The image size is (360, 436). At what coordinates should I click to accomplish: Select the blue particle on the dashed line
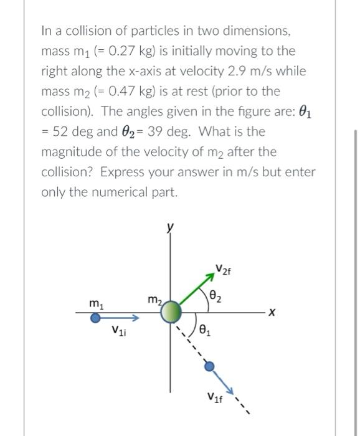(x=209, y=366)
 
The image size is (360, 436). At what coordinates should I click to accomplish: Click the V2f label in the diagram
(x=222, y=270)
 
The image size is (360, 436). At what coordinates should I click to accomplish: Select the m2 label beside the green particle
(x=154, y=300)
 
